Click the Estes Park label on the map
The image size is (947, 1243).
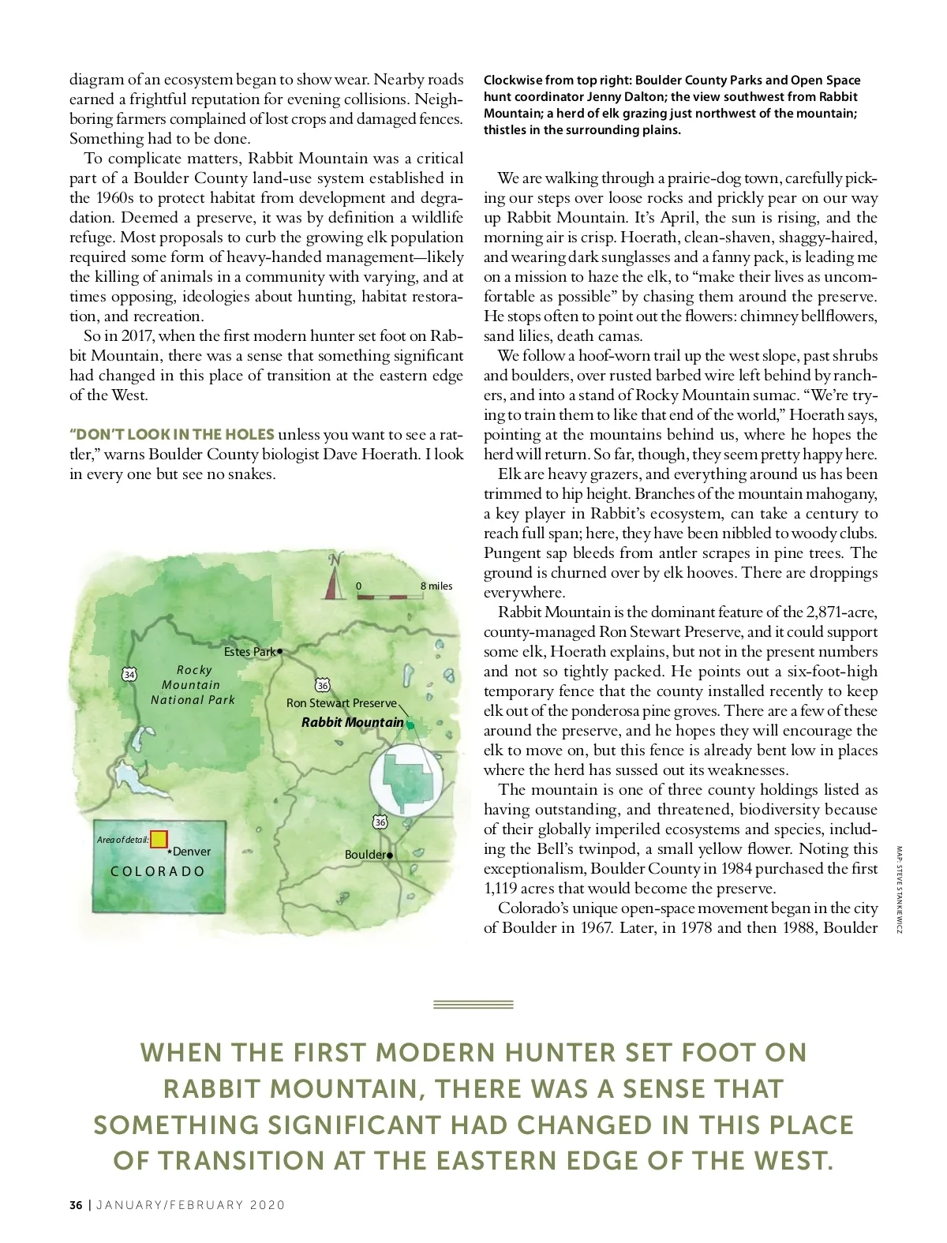click(249, 652)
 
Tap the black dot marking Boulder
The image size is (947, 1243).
click(390, 855)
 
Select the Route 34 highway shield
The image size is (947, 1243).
click(129, 674)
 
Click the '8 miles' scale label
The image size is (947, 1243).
click(436, 586)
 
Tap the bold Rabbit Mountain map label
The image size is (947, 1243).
click(352, 722)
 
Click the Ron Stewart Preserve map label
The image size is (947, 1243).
click(341, 703)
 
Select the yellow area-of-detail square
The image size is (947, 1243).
click(159, 839)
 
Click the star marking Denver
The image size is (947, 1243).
click(170, 852)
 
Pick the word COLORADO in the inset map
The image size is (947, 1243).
click(158, 871)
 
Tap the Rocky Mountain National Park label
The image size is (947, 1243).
click(193, 684)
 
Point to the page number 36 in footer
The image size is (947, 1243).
click(76, 1205)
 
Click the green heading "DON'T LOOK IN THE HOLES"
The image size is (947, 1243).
click(172, 434)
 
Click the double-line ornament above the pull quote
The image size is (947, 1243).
click(473, 1005)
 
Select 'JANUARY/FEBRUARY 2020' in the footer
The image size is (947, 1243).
click(190, 1205)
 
